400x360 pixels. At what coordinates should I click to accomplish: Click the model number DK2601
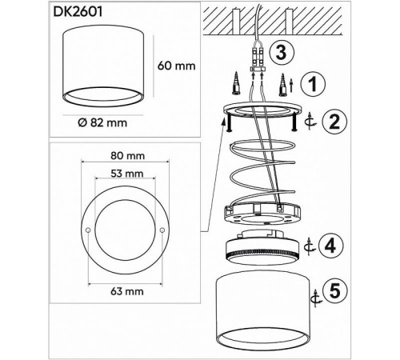(78, 12)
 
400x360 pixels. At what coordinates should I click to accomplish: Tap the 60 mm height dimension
(176, 66)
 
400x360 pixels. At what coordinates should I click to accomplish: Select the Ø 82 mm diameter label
(102, 122)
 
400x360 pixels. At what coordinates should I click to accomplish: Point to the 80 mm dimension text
(127, 155)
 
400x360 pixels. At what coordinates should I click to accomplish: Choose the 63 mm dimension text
(127, 291)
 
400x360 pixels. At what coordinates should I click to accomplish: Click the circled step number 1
(313, 84)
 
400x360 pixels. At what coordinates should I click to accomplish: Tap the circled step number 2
(334, 121)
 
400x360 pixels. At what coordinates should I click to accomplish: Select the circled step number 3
(282, 52)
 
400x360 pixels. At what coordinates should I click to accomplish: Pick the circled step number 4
(330, 246)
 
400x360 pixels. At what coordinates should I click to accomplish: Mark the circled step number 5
(335, 291)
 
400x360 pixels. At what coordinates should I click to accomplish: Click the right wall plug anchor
(283, 85)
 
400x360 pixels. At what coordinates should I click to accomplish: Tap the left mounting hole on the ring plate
(88, 230)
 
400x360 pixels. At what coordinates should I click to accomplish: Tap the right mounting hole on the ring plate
(162, 230)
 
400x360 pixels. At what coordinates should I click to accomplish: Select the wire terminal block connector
(258, 58)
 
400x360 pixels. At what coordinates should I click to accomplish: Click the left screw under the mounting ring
(228, 122)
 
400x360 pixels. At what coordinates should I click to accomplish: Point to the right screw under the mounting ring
(294, 122)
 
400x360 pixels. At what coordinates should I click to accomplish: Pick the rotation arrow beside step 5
(317, 298)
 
